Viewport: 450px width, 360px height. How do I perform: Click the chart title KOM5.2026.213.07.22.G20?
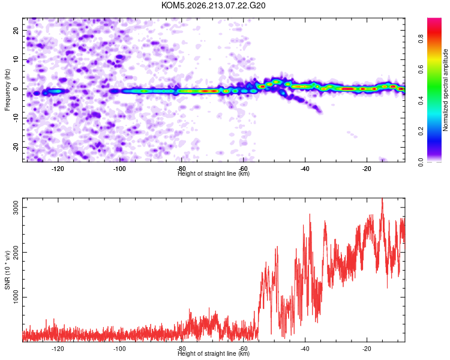[x=213, y=5]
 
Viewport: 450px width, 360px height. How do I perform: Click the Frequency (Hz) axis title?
[x=7, y=90]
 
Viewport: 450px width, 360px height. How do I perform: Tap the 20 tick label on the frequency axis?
[x=16, y=30]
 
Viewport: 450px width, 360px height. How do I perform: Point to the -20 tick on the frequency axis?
[x=16, y=147]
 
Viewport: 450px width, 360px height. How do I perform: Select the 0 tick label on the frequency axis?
[x=16, y=89]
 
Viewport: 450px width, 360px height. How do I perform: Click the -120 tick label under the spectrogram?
[x=58, y=169]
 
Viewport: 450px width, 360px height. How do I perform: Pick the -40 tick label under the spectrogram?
[x=305, y=169]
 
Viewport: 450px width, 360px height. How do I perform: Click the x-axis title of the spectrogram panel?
[x=214, y=173]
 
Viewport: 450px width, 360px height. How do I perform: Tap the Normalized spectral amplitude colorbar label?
[x=445, y=90]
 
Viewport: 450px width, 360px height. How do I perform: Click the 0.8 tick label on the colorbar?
[x=421, y=38]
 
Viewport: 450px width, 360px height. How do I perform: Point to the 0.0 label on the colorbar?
[x=421, y=162]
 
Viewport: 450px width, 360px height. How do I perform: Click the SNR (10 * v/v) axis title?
[x=7, y=270]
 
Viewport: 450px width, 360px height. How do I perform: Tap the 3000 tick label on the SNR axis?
[x=16, y=207]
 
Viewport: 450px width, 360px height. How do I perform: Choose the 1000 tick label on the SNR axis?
[x=16, y=297]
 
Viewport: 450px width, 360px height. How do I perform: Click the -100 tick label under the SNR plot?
[x=119, y=349]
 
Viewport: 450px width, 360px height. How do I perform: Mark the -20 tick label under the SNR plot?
[x=367, y=349]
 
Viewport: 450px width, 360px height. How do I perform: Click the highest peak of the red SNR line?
[x=382, y=199]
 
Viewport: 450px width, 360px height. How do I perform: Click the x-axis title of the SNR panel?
[x=214, y=353]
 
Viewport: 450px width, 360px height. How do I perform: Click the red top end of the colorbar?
[x=434, y=19]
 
